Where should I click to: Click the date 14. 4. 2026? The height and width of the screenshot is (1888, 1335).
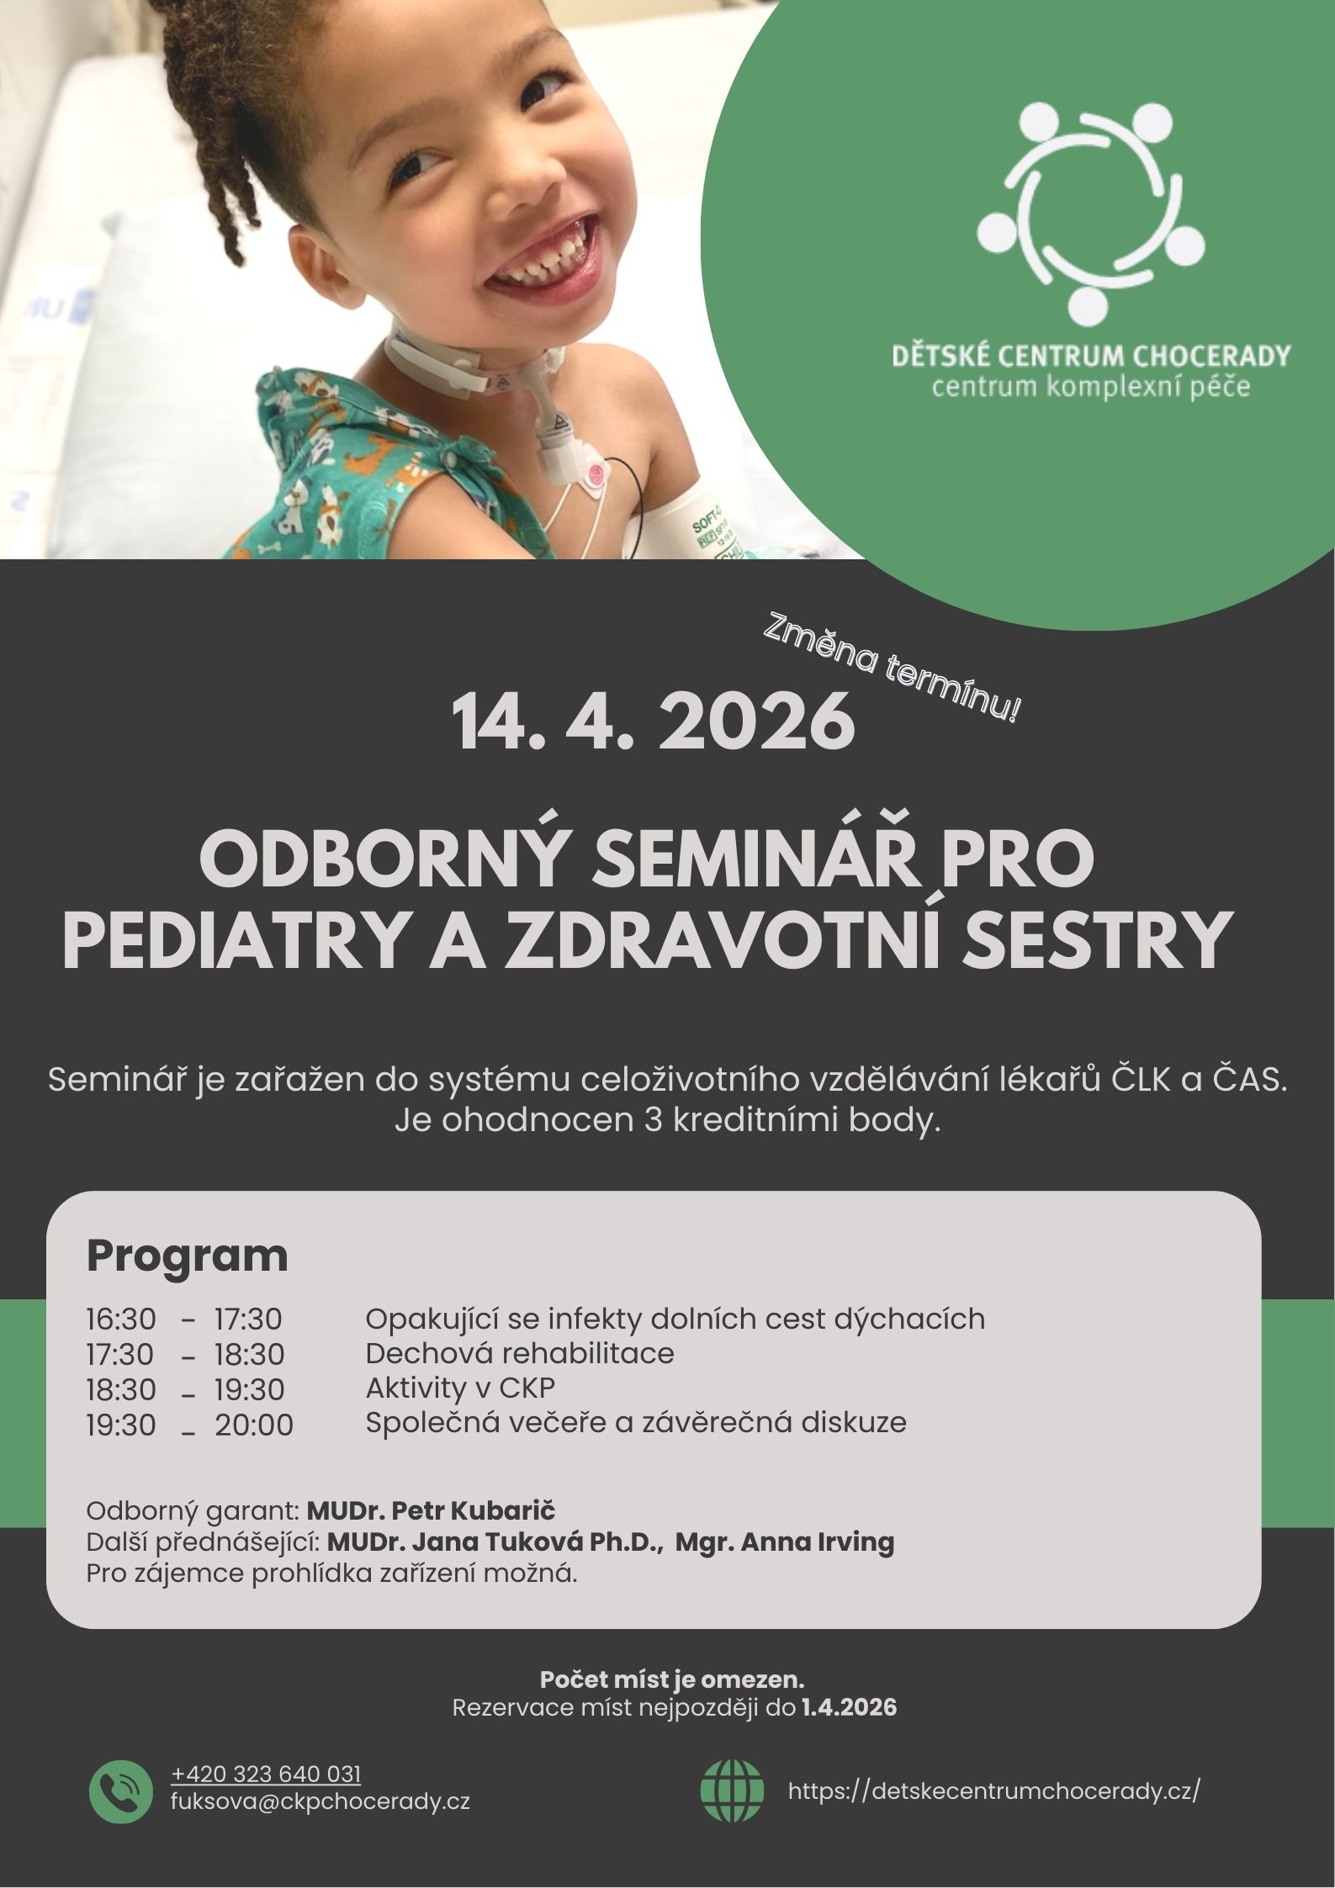click(x=654, y=723)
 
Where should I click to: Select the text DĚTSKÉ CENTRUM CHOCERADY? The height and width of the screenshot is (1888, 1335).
click(x=1090, y=356)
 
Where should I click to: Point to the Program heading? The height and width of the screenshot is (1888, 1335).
click(x=187, y=1256)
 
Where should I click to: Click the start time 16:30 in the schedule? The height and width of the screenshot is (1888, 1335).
click(x=121, y=1319)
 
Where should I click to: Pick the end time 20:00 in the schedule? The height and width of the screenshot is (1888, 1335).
click(x=254, y=1425)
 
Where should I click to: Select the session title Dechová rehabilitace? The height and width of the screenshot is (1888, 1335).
click(x=519, y=1353)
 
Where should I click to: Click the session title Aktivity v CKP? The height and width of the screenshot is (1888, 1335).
click(x=460, y=1388)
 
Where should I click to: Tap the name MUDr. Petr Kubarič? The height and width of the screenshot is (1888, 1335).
click(x=431, y=1510)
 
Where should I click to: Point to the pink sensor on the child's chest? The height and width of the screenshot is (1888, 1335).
click(x=595, y=473)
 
